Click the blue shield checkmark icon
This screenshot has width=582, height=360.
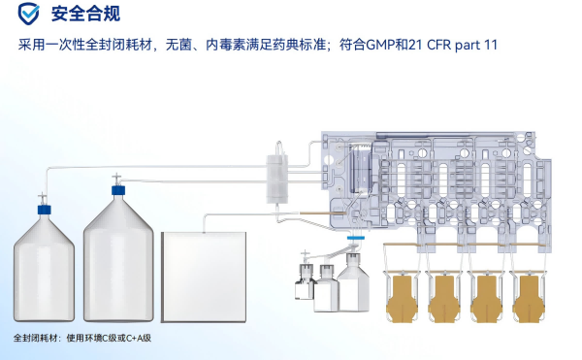[28, 14]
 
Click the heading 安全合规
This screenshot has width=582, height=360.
[85, 15]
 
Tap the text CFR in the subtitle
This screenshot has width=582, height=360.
[439, 45]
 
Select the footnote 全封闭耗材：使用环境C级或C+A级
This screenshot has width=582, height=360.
[82, 338]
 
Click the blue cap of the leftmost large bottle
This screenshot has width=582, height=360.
[45, 210]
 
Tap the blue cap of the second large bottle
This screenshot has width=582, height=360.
[118, 190]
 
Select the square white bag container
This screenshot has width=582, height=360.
[204, 277]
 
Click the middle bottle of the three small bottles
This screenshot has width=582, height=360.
[326, 288]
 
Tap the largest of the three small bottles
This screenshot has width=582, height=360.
[353, 282]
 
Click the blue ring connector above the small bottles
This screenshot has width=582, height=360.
[356, 238]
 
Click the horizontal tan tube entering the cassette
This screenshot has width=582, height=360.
[323, 213]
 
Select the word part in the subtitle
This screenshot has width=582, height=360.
[468, 46]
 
